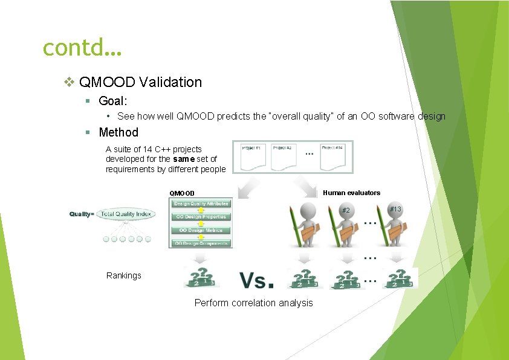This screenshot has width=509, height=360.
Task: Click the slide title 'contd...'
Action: [x=82, y=47]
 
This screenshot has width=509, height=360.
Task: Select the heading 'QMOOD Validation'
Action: [x=140, y=82]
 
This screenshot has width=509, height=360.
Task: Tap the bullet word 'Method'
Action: [x=118, y=132]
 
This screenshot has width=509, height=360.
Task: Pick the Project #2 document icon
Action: [x=283, y=156]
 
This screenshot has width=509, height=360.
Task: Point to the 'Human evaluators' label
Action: [x=351, y=193]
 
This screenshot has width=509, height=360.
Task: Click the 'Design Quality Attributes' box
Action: [x=200, y=204]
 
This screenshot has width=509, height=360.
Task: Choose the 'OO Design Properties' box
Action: [x=200, y=217]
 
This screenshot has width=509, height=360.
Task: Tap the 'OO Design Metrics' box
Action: [x=200, y=230]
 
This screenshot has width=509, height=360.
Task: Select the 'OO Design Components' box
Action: [x=200, y=243]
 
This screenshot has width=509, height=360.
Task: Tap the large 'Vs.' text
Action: [x=256, y=280]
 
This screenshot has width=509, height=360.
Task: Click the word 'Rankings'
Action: [x=123, y=275]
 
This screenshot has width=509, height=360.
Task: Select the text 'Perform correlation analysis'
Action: [x=253, y=303]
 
